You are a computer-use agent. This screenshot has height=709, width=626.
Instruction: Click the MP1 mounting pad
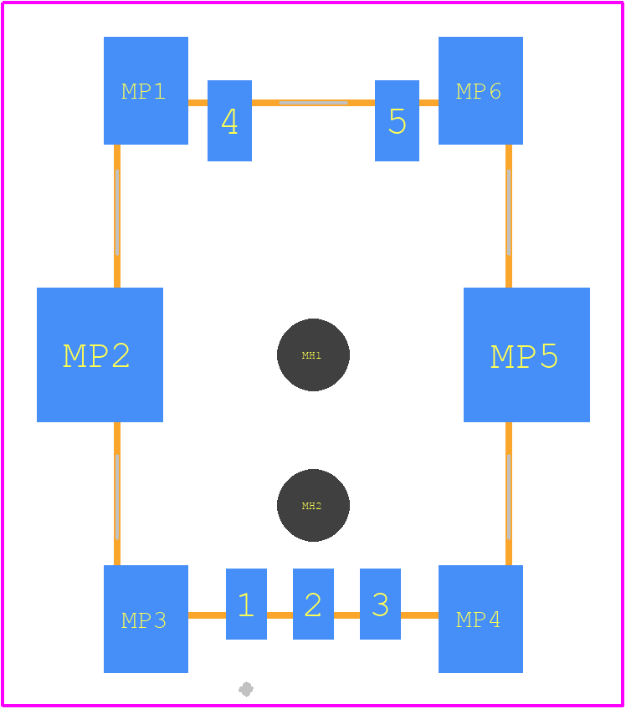[x=146, y=90]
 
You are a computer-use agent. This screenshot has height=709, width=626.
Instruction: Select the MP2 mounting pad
[x=100, y=354]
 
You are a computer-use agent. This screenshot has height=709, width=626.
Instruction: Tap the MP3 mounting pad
[x=146, y=619]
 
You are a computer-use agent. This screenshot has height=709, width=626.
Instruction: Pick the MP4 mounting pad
[x=480, y=619]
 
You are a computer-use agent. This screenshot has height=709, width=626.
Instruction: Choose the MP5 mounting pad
[x=526, y=354]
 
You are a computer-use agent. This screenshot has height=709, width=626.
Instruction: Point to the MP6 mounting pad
[x=480, y=90]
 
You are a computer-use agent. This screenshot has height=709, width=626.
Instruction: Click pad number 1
[x=246, y=604]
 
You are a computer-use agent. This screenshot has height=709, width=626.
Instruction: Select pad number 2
[x=313, y=604]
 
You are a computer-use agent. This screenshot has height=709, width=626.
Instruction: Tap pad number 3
[x=380, y=604]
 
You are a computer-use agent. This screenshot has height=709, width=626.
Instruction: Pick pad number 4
[x=229, y=120]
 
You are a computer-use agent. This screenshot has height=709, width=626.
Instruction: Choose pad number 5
[x=397, y=120]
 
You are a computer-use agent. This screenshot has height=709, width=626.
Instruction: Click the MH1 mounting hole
[x=313, y=355]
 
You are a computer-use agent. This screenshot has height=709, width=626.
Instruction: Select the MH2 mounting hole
[x=313, y=505]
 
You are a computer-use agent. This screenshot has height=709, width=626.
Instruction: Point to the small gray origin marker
[x=246, y=689]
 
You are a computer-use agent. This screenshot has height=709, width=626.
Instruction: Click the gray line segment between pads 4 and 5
[x=313, y=103]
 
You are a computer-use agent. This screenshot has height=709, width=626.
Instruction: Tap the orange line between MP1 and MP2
[x=117, y=217]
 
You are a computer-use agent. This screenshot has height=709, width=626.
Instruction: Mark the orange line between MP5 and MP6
[x=509, y=217]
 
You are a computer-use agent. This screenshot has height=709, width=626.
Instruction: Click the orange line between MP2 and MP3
[x=117, y=493]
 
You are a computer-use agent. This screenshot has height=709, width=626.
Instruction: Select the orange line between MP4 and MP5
[x=509, y=493]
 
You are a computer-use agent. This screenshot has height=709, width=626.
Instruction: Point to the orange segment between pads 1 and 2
[x=280, y=615]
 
